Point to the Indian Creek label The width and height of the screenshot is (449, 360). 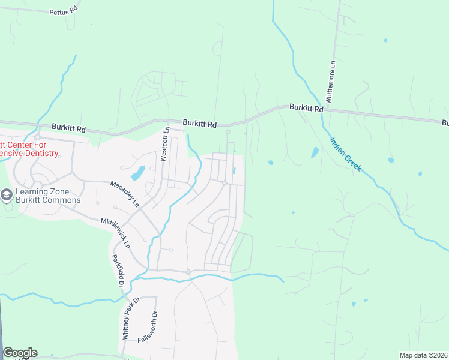click(x=345, y=154)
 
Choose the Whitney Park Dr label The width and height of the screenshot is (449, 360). click(x=131, y=319)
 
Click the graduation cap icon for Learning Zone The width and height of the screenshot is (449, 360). click(x=7, y=195)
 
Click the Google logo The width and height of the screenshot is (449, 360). click(x=20, y=353)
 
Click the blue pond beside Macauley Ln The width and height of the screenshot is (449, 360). click(x=137, y=173)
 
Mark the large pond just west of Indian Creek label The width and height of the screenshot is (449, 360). click(x=315, y=152)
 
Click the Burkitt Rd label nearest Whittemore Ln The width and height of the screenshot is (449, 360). click(x=306, y=108)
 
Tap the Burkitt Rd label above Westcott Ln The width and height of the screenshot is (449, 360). click(x=199, y=123)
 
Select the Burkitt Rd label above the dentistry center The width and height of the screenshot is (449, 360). click(x=68, y=128)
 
